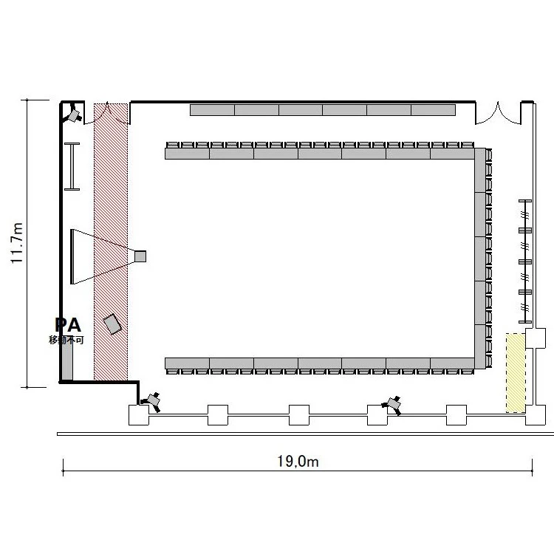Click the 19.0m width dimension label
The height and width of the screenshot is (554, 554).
pyautogui.click(x=298, y=462)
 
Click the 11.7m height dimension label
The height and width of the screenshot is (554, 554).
pyautogui.click(x=16, y=243)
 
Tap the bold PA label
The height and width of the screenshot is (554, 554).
pyautogui.click(x=68, y=325)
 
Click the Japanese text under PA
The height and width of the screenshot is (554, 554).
pyautogui.click(x=66, y=340)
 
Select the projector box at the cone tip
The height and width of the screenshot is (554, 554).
pyautogui.click(x=140, y=256)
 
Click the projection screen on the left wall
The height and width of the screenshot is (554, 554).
pyautogui.click(x=72, y=256)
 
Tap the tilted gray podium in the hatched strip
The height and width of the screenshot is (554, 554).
pyautogui.click(x=112, y=324)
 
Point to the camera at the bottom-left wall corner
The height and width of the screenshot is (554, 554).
pyautogui.click(x=152, y=401)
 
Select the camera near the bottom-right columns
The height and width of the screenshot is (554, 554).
pyautogui.click(x=392, y=405)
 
